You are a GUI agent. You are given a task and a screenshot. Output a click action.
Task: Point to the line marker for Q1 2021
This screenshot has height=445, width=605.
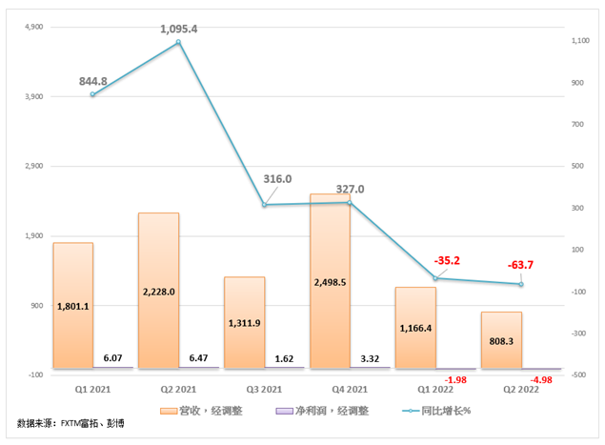92,94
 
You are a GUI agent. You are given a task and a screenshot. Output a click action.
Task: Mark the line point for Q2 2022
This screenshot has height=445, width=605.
521,284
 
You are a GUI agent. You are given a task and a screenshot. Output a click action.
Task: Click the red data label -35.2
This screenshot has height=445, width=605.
447,259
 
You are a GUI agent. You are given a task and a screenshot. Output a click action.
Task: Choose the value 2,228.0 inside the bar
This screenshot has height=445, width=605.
158,292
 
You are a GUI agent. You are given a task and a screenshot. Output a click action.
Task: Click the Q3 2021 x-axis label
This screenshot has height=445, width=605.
264,390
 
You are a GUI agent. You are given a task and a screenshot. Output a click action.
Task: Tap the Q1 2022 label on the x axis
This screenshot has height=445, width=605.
435,390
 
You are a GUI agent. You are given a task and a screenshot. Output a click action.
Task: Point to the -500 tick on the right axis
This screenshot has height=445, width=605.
575,374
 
